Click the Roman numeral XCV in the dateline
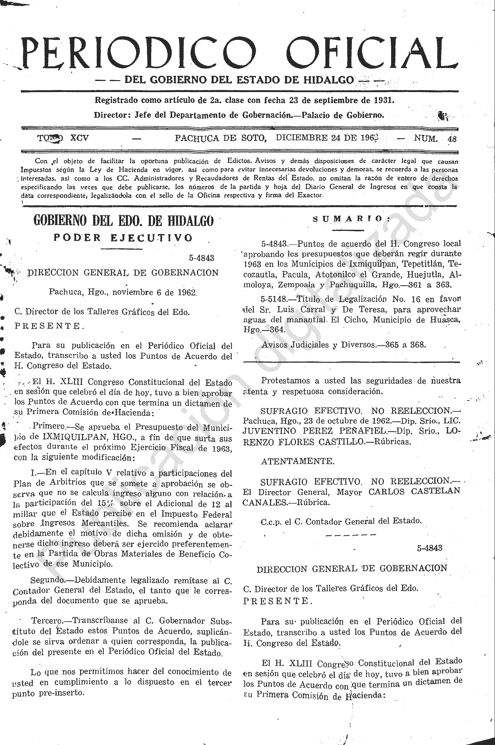pos(79,138)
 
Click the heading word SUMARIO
pos(350,219)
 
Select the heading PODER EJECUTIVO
pos(123,238)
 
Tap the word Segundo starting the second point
pos(47,580)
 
